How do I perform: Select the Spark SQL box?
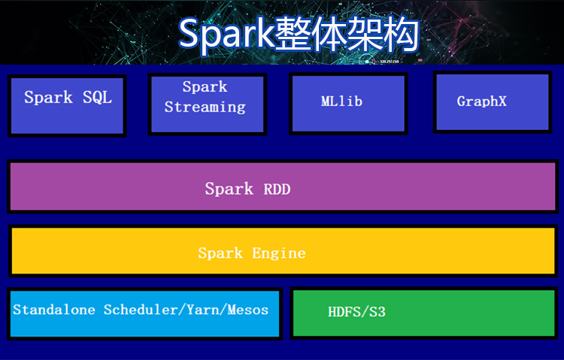click(67, 106)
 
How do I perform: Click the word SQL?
click(97, 98)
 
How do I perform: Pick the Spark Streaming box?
click(208, 104)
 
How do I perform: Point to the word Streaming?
click(205, 107)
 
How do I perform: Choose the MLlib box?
click(348, 104)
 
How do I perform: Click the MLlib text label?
click(341, 101)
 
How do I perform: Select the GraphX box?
click(493, 102)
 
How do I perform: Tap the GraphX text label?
click(481, 101)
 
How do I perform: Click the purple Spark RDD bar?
click(283, 186)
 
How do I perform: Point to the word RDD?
click(277, 189)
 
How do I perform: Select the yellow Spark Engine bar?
click(283, 251)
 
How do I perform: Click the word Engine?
click(279, 253)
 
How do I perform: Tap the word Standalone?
click(54, 310)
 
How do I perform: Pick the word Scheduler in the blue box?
click(140, 310)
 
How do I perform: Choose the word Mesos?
click(248, 310)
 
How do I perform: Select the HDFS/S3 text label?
click(356, 312)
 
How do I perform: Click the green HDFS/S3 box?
click(423, 313)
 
